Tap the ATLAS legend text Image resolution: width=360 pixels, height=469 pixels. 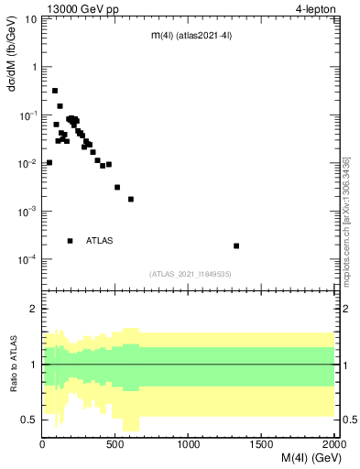click(x=100, y=241)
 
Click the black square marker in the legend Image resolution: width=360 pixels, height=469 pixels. click(x=70, y=241)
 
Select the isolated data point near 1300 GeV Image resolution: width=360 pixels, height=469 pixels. click(x=236, y=245)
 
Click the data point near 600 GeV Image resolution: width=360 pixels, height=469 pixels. click(x=131, y=199)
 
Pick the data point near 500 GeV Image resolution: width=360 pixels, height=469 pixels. click(x=117, y=187)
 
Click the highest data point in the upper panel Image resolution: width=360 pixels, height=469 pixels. click(x=55, y=91)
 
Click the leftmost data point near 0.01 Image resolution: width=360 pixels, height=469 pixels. click(x=49, y=162)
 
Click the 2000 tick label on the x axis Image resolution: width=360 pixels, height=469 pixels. click(x=333, y=445)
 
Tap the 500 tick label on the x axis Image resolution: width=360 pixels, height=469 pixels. click(x=115, y=445)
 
